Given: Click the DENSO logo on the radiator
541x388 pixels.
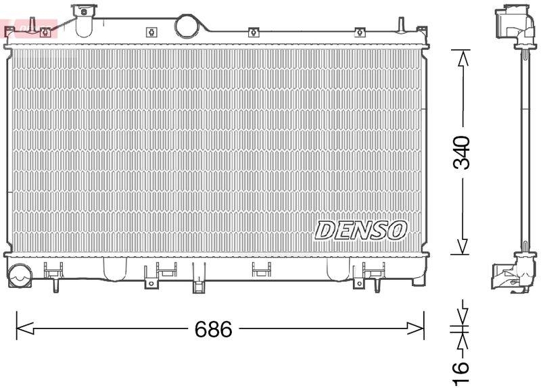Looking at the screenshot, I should pyautogui.click(x=361, y=231).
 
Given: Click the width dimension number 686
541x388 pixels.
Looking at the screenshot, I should pyautogui.click(x=213, y=329).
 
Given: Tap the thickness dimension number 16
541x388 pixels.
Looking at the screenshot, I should pyautogui.click(x=461, y=368).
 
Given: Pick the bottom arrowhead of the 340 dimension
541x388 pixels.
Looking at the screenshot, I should pyautogui.click(x=462, y=247).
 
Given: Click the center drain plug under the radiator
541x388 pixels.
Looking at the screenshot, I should pyautogui.click(x=198, y=285).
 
